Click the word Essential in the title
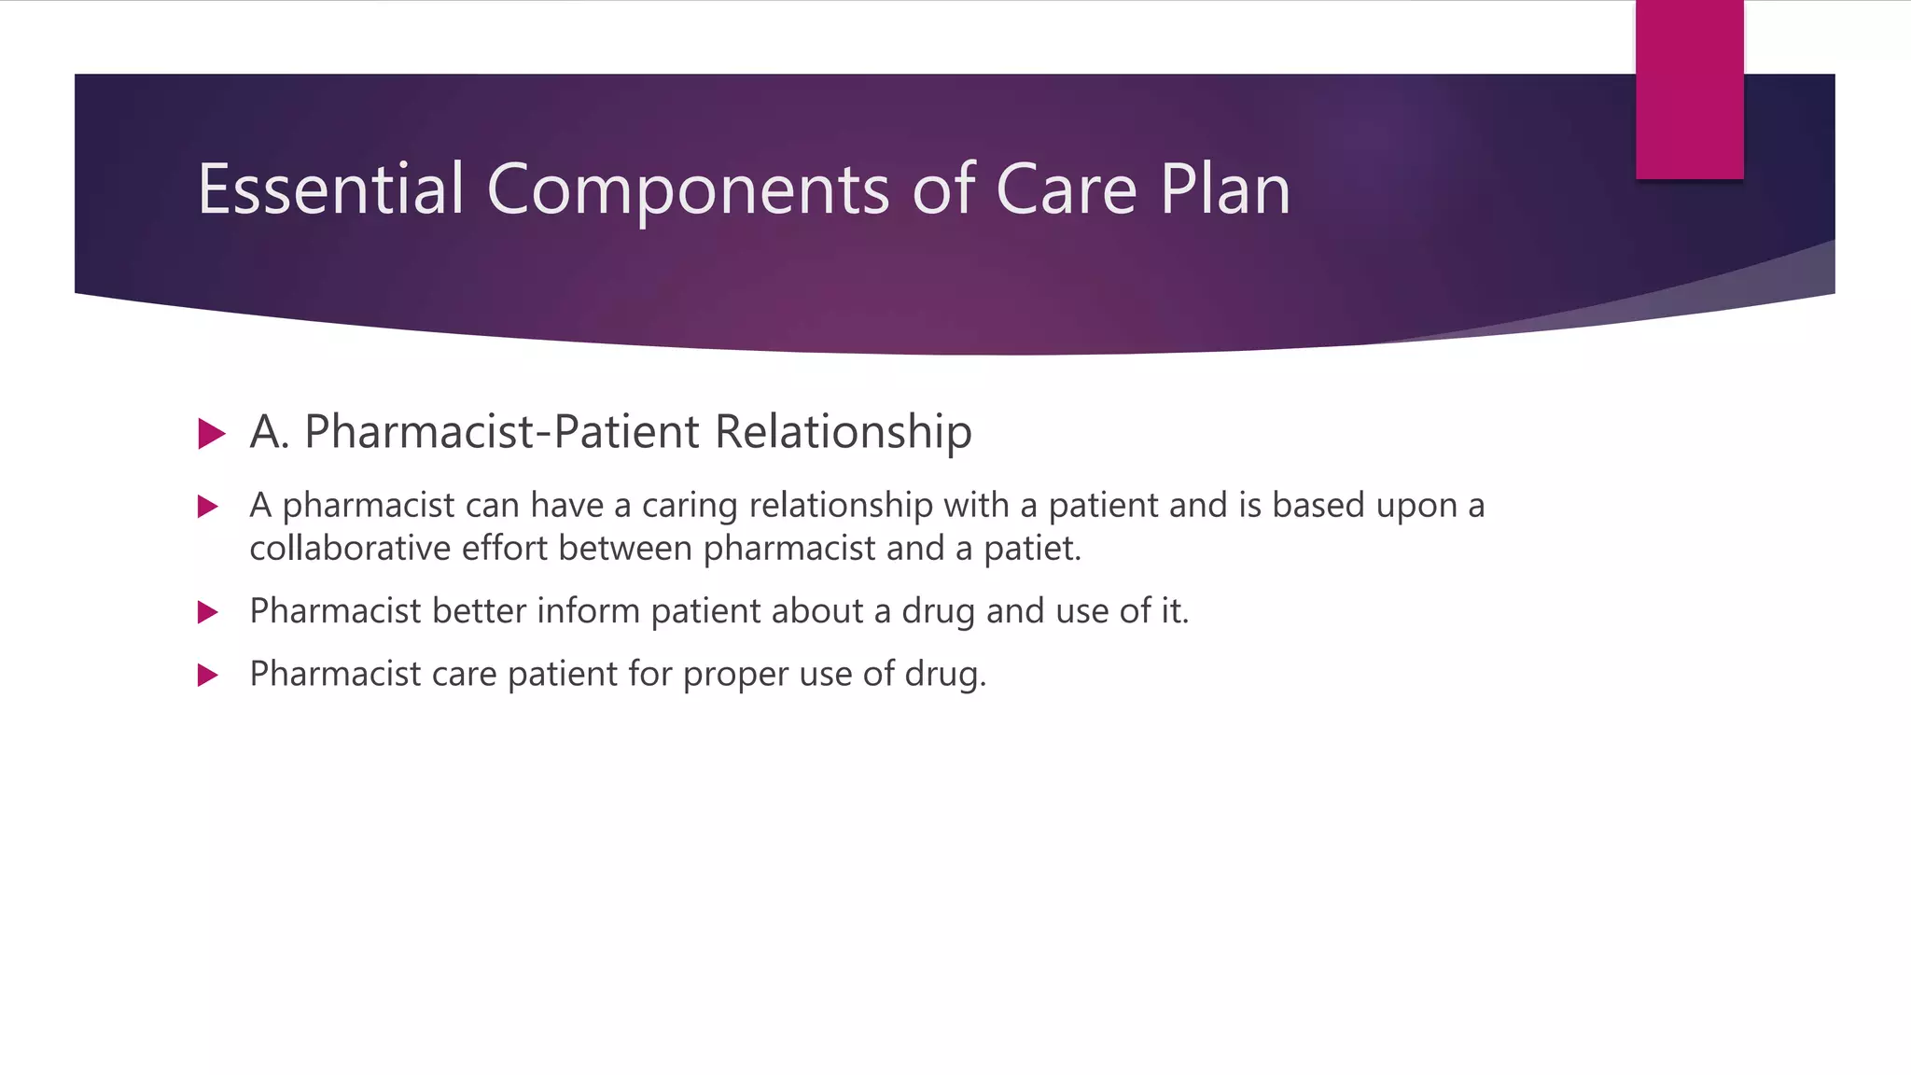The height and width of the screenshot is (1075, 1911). [x=330, y=189]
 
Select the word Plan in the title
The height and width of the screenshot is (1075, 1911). [x=1225, y=189]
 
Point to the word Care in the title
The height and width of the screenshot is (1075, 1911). [x=1066, y=189]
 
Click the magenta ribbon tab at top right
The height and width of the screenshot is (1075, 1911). [x=1689, y=90]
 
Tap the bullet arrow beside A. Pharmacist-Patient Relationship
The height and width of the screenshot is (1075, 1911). [x=212, y=433]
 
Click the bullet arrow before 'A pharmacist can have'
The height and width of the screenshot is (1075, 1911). [x=208, y=507]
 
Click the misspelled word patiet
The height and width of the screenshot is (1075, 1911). [x=1031, y=549]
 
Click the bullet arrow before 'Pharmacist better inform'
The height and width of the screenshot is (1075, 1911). [x=208, y=612]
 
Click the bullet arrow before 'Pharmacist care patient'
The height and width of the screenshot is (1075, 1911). [x=208, y=675]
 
